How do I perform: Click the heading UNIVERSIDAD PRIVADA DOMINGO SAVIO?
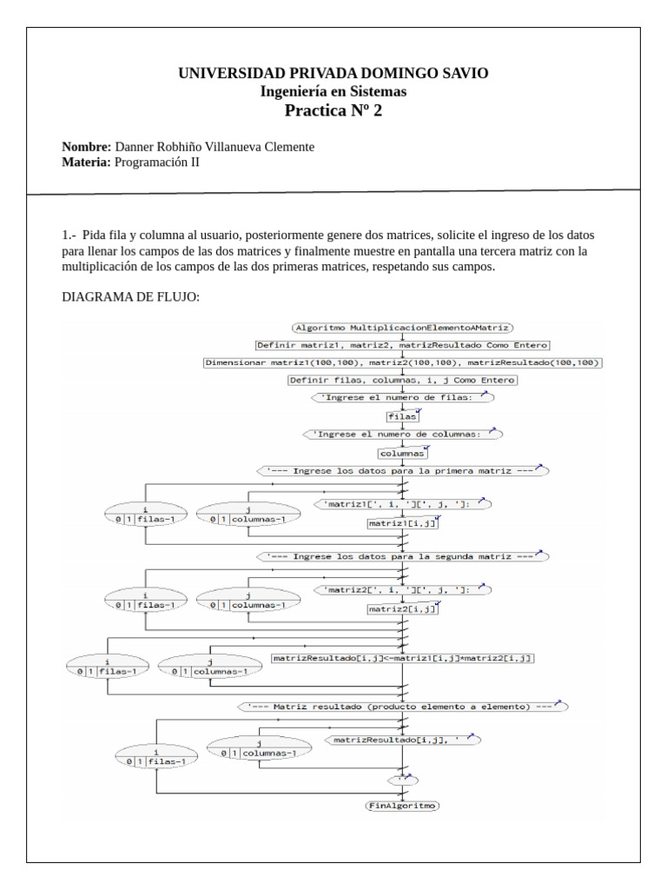coord(333,74)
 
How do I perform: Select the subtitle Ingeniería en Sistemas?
coord(333,91)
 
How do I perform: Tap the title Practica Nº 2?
coord(333,110)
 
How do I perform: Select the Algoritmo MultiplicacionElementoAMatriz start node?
coord(403,328)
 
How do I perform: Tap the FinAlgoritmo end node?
coord(403,806)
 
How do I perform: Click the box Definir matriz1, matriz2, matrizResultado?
coord(403,345)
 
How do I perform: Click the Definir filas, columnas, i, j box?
coord(403,380)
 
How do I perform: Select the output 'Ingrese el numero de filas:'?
coord(403,398)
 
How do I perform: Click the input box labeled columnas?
coord(403,453)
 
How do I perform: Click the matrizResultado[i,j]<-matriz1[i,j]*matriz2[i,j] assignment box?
coord(403,659)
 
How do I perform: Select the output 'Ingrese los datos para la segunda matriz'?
coord(403,555)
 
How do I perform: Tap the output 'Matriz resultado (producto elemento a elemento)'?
coord(403,707)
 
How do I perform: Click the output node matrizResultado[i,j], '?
coord(403,740)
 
